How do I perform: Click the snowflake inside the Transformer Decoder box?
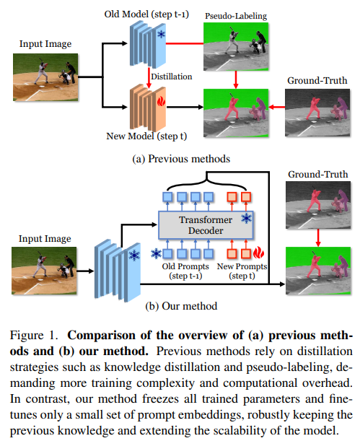[x=246, y=218]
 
